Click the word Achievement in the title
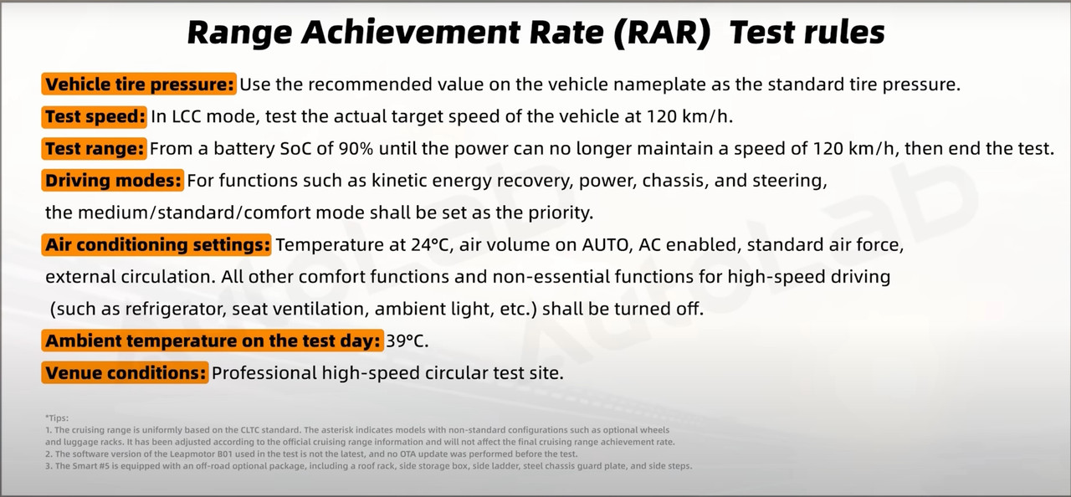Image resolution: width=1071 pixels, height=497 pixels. pos(411,33)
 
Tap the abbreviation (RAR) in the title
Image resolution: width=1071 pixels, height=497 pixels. pos(662,33)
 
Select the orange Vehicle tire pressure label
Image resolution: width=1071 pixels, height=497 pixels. pos(139,85)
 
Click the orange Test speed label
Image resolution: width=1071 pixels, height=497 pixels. pos(95,116)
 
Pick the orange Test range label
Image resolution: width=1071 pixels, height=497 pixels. pos(94,149)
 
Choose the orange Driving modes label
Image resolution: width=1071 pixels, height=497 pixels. pos(113,181)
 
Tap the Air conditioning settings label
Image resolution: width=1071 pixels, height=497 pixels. pos(156,244)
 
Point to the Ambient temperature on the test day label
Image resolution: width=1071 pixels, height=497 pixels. pos(213,341)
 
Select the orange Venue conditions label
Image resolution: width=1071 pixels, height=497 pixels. pos(126,373)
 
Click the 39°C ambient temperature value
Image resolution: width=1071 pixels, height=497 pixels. pos(407,341)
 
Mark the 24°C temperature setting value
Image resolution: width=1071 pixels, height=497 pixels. pos(432,244)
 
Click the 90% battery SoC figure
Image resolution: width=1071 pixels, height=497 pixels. pos(356,149)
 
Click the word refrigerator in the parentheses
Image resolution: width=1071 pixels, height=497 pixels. pos(176,310)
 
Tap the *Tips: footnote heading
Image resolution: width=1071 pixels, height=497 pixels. pos(57,418)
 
